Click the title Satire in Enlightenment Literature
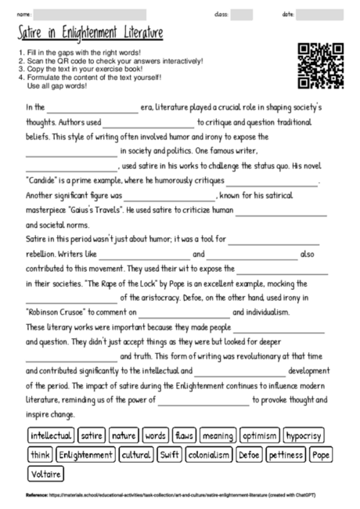91,34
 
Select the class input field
241,15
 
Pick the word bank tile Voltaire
45,474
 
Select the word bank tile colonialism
209,454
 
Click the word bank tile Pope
321,454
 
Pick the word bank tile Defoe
249,454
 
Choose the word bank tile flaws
184,435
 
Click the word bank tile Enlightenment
85,454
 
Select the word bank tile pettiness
286,454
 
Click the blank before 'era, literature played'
92,108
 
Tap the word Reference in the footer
36,496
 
